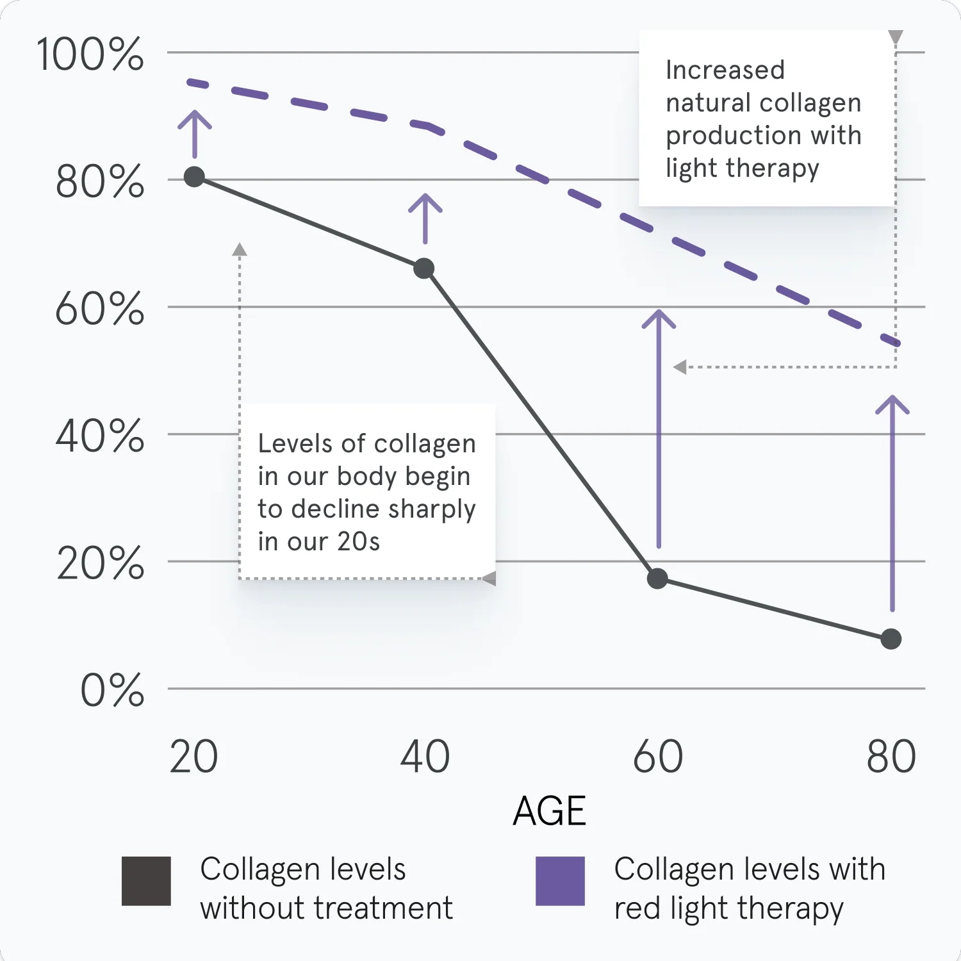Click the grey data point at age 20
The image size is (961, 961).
[x=194, y=177]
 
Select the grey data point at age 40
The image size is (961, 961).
[x=423, y=268]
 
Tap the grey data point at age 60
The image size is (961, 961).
[x=657, y=579]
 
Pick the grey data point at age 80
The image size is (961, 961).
[x=891, y=639]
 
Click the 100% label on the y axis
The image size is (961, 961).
[x=90, y=54]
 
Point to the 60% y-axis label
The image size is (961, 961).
[x=99, y=309]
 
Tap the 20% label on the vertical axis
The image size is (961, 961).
[x=100, y=564]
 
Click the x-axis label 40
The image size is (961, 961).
[x=425, y=757]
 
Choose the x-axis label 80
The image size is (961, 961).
[x=891, y=757]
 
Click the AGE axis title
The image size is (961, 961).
[x=549, y=811]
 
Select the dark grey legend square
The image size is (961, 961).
[x=146, y=881]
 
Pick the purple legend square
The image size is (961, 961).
[x=560, y=881]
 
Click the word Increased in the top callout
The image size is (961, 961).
[x=725, y=70]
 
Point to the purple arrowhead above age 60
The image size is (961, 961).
[x=659, y=316]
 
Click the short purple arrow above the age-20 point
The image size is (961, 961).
[x=195, y=134]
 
